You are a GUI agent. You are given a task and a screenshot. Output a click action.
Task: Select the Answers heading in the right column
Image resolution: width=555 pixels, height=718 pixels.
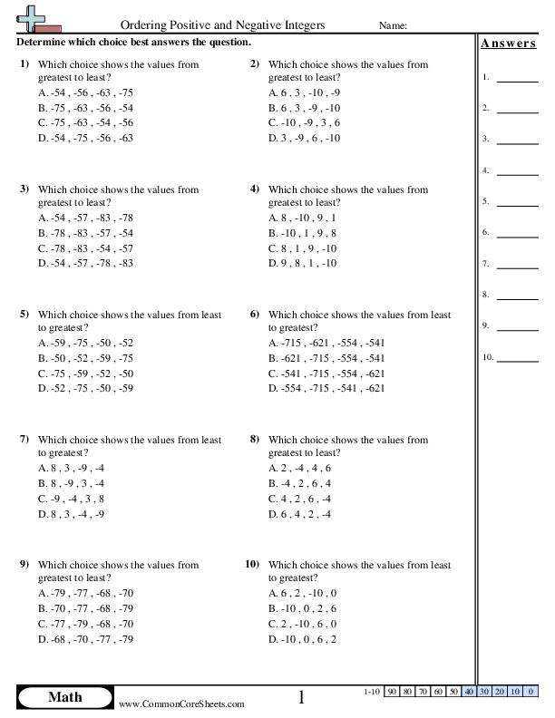[x=508, y=44]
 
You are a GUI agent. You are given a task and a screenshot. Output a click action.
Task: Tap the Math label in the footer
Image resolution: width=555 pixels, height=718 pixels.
[x=64, y=697]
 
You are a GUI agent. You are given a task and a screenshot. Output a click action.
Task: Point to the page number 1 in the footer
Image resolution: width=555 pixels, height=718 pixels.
[x=302, y=697]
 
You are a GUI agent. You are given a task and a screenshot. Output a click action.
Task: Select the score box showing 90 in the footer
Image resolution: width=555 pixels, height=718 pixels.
[x=392, y=692]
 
